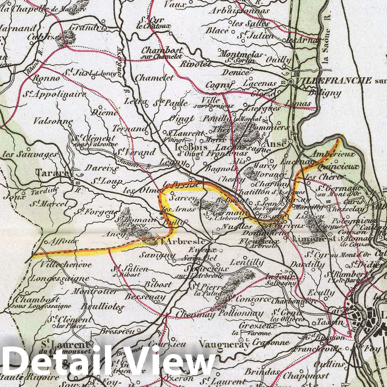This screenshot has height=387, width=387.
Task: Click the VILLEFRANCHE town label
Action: coord(333,81)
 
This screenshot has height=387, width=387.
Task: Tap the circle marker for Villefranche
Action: coord(291,82)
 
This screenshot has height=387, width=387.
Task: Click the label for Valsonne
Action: coord(53,121)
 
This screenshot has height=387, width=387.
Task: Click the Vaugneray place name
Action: coord(224,344)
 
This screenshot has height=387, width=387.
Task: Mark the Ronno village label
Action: coord(46,78)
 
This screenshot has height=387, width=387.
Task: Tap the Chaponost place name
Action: coord(306,376)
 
